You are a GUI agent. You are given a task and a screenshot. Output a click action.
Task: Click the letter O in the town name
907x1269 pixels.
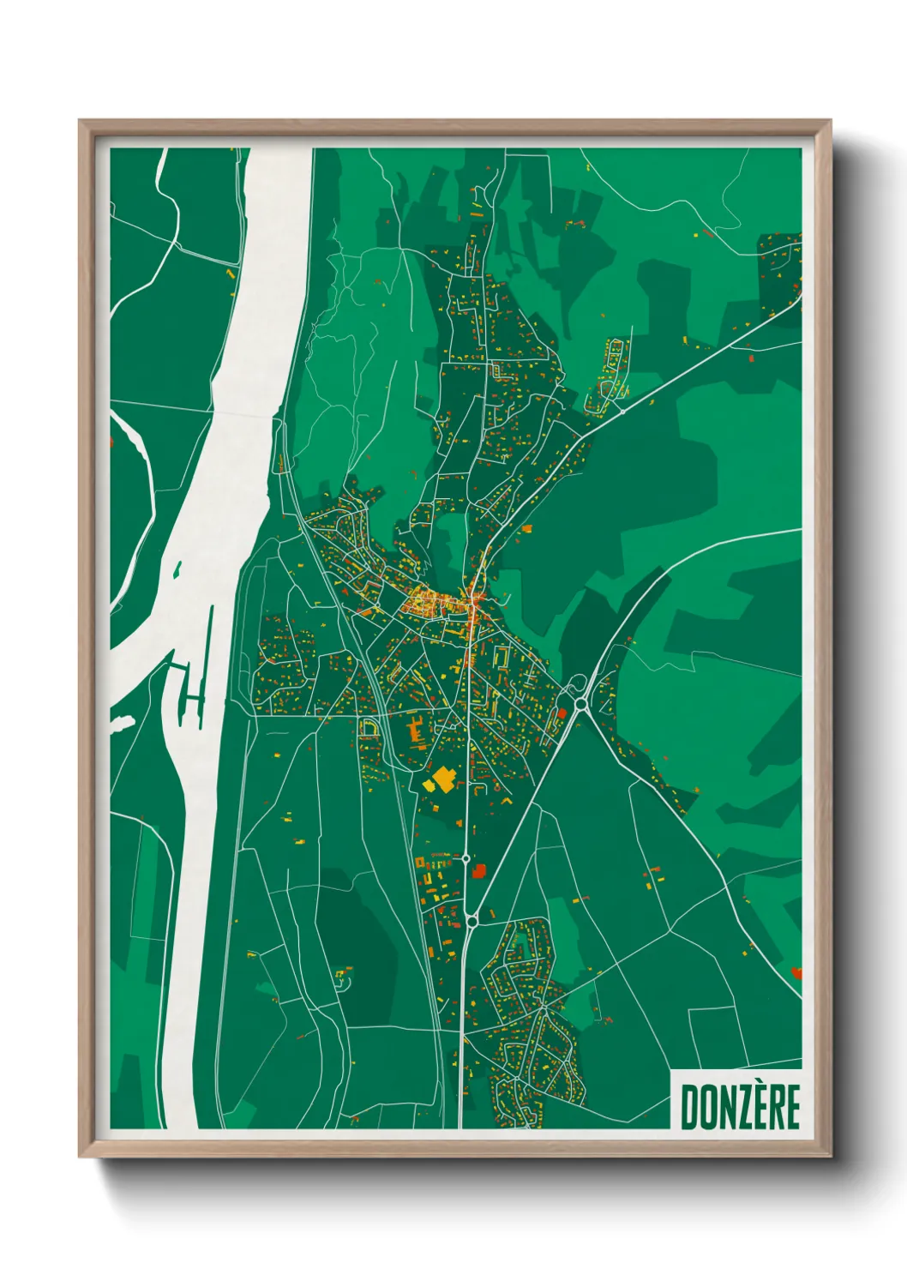[706, 1107]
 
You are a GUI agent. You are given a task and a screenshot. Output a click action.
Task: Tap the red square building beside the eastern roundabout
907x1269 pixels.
[562, 713]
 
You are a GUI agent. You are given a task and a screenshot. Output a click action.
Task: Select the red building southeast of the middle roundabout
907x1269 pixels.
[478, 870]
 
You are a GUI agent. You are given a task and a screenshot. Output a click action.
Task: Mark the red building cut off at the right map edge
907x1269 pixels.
[796, 972]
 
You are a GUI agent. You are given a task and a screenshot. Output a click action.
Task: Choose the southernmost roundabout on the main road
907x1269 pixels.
[472, 921]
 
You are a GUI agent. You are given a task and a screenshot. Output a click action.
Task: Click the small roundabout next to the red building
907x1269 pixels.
[466, 857]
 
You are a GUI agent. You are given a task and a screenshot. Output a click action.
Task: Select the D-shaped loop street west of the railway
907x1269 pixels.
[369, 728]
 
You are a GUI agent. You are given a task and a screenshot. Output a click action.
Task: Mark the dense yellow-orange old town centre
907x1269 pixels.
[433, 601]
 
